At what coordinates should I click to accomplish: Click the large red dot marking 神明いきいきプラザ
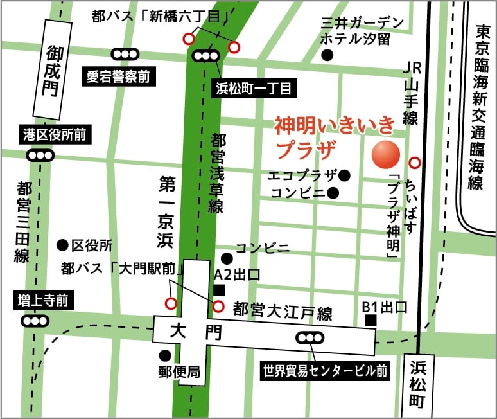click(x=387, y=152)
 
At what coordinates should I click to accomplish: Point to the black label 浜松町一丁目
click(x=252, y=87)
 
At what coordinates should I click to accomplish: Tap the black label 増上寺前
click(x=42, y=299)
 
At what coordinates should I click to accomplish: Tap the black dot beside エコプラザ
click(x=345, y=175)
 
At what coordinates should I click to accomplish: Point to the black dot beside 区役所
click(x=62, y=244)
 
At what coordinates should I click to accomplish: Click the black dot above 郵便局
click(x=166, y=354)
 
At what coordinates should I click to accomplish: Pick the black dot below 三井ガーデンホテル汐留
click(x=327, y=56)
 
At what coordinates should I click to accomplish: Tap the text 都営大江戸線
click(x=283, y=312)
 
